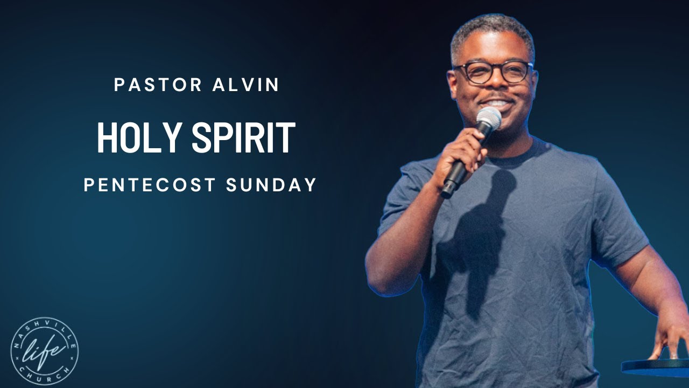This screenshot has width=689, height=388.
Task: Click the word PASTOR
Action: click(x=158, y=85)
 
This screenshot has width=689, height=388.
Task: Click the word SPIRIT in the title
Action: click(x=243, y=138)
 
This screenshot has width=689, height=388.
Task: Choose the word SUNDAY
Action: click(x=271, y=185)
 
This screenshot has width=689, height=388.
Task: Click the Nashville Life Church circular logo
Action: click(x=44, y=351)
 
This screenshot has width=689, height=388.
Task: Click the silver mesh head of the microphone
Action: click(x=488, y=118)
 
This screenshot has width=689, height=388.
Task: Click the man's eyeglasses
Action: click(x=493, y=72)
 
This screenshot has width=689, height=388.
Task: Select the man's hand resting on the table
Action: click(x=670, y=339)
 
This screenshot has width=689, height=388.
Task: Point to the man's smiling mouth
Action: click(x=495, y=102)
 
